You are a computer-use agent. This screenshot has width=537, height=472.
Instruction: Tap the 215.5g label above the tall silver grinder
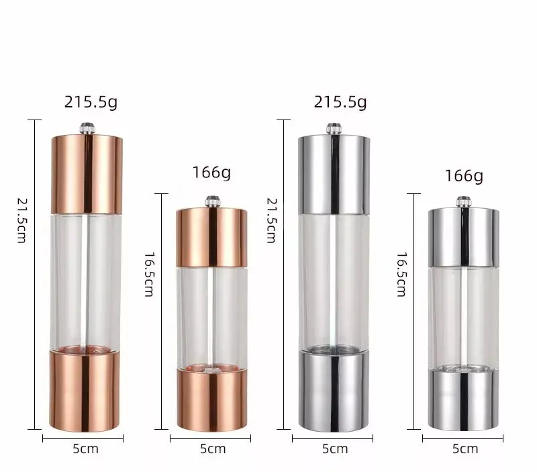pos(341,103)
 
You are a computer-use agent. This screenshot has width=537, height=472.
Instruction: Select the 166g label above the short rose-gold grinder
pos(211,173)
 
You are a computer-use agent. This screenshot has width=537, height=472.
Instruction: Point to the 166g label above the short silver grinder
pos(464,176)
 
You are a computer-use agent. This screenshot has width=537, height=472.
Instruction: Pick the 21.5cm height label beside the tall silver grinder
pos(271,220)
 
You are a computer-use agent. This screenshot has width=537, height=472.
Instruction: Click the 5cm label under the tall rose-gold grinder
pos(85,448)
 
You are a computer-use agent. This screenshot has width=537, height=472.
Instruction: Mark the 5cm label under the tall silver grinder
pos(334,448)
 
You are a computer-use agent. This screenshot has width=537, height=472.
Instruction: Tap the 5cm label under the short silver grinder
pos(465,449)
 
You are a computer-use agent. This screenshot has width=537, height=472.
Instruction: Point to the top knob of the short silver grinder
pos(463,200)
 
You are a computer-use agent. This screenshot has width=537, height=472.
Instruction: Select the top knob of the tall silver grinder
pos(333,127)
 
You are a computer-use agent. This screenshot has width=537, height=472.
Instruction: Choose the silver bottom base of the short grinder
pos(463,399)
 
